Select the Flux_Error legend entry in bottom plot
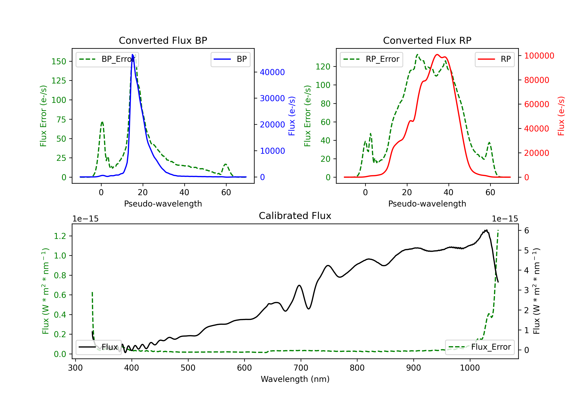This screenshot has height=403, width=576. (x=479, y=347)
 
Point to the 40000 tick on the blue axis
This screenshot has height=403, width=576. (x=272, y=72)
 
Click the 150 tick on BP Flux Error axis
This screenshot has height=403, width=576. (x=59, y=61)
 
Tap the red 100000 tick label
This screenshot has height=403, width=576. (x=539, y=56)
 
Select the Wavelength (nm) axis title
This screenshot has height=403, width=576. (x=295, y=379)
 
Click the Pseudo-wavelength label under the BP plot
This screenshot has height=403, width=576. (x=163, y=204)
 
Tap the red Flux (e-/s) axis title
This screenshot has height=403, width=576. (x=561, y=116)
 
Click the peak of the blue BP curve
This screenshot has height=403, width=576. (x=132, y=55)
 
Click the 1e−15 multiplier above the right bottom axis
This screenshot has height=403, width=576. (x=505, y=219)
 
